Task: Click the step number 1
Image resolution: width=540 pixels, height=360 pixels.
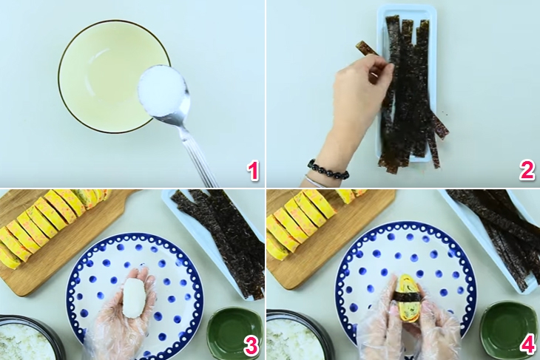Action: click(x=253, y=171)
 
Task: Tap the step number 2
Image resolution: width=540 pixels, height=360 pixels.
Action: click(x=527, y=171)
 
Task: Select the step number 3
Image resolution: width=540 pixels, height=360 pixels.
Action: click(x=253, y=345)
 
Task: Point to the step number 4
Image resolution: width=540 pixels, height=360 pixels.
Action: click(x=527, y=345)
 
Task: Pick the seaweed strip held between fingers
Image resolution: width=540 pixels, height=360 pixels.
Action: click(x=366, y=49)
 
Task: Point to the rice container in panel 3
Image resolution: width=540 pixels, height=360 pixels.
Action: click(x=30, y=340)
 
